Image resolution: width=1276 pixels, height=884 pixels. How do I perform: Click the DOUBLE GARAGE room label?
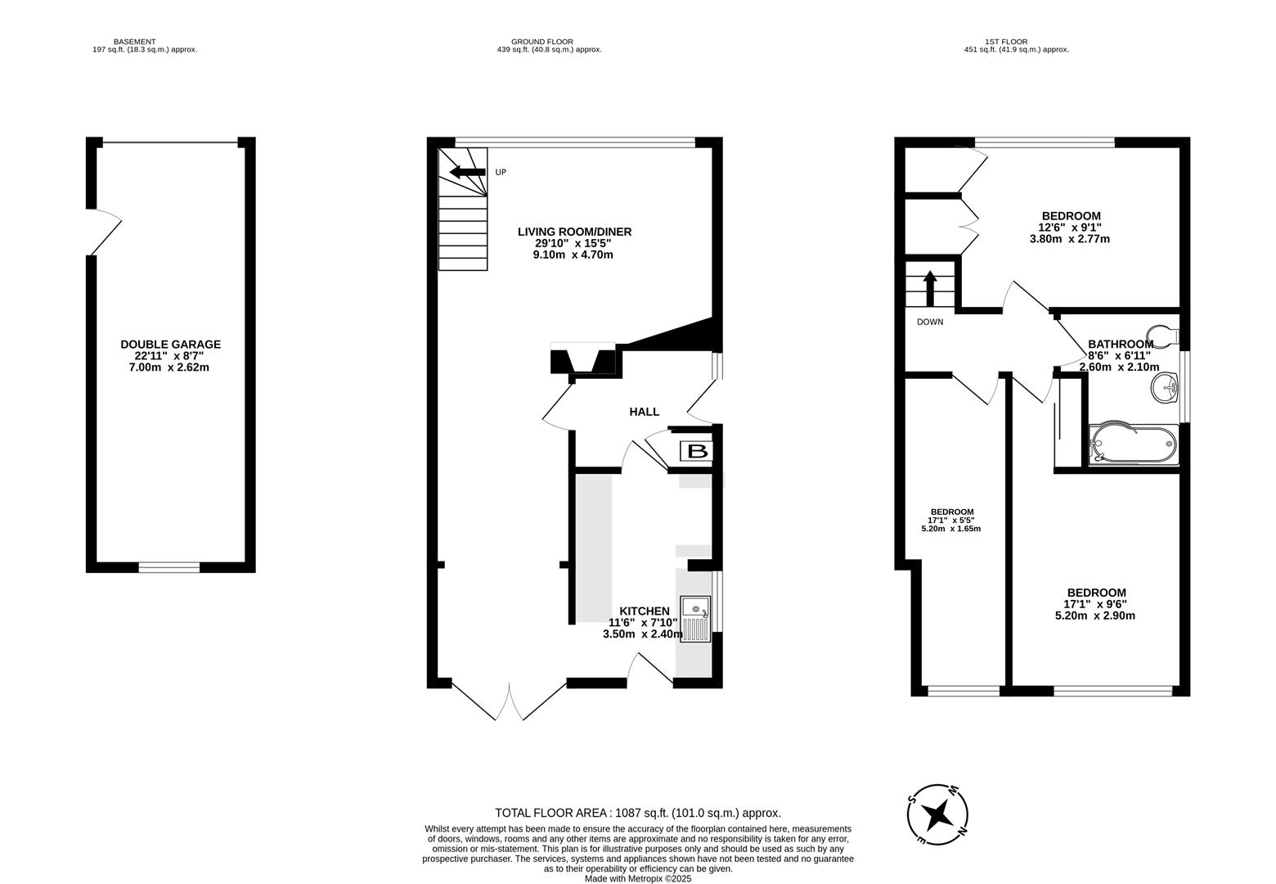(170, 345)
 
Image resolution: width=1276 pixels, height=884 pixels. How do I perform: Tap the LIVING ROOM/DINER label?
(574, 232)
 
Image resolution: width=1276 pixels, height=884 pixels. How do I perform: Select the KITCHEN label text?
(644, 611)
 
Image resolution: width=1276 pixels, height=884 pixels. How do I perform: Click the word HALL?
(644, 412)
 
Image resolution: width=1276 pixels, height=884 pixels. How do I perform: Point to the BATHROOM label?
(1120, 345)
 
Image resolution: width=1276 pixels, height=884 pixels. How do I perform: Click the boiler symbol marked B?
(697, 451)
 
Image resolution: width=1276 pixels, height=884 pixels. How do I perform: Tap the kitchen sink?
(695, 620)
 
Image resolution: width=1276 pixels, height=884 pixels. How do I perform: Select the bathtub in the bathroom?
(1133, 444)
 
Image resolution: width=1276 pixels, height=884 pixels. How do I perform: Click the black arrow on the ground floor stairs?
(466, 172)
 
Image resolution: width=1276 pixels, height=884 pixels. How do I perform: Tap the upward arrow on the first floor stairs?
(929, 287)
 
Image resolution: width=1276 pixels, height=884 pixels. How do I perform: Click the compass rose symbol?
(938, 815)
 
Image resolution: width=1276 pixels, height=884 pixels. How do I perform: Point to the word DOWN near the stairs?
(929, 322)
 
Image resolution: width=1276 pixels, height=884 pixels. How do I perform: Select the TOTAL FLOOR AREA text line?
(637, 813)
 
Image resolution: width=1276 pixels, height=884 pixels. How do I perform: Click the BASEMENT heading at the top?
(134, 41)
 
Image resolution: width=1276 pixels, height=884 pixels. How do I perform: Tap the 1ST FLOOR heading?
(1005, 41)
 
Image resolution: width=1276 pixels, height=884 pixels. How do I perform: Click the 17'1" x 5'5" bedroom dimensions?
(950, 520)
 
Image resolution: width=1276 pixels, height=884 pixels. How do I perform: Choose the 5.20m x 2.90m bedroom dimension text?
(1096, 616)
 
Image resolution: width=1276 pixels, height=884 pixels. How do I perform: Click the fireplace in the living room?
(582, 361)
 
